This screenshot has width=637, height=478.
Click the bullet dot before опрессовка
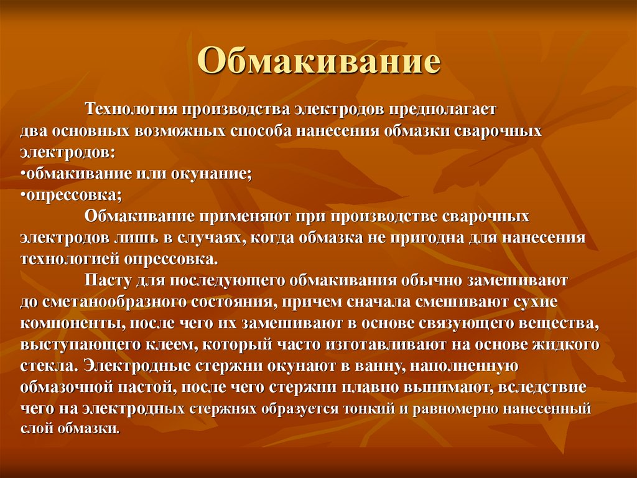pos(22,196)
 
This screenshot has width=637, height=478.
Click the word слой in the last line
pos(35,430)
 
